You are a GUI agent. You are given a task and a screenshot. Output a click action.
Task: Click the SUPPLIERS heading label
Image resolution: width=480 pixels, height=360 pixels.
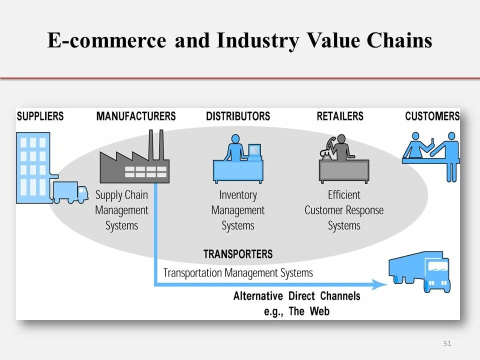pyautogui.click(x=40, y=116)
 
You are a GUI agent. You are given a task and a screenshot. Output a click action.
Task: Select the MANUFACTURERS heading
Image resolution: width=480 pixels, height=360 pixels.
pyautogui.click(x=136, y=116)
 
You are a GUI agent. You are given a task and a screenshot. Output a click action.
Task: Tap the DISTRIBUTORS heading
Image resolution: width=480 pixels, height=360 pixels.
pyautogui.click(x=238, y=116)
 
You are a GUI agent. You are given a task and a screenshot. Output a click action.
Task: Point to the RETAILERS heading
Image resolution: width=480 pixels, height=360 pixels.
pyautogui.click(x=340, y=116)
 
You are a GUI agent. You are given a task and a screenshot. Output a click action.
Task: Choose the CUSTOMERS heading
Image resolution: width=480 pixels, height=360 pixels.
pyautogui.click(x=432, y=116)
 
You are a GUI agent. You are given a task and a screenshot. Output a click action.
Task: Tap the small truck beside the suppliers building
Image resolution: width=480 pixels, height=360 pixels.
pyautogui.click(x=69, y=192)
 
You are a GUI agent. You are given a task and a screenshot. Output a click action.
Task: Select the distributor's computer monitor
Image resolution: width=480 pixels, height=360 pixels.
pyautogui.click(x=254, y=150)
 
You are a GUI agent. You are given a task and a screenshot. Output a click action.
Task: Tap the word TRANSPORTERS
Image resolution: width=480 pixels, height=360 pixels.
pyautogui.click(x=238, y=254)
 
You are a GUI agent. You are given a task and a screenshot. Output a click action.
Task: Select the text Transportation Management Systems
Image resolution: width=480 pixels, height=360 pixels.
pyautogui.click(x=238, y=273)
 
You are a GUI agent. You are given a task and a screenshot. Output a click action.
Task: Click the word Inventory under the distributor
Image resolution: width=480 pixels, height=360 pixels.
pyautogui.click(x=238, y=195)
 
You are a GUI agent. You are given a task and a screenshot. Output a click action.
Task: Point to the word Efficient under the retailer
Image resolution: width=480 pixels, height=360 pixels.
pyautogui.click(x=344, y=195)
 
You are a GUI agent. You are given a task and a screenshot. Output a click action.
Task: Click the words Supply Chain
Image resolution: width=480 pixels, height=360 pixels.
pyautogui.click(x=121, y=195)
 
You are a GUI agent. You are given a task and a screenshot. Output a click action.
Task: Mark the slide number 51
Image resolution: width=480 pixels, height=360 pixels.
pyautogui.click(x=447, y=343)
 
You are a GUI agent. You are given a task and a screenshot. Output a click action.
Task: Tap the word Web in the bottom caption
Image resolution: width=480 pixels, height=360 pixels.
pyautogui.click(x=319, y=311)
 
